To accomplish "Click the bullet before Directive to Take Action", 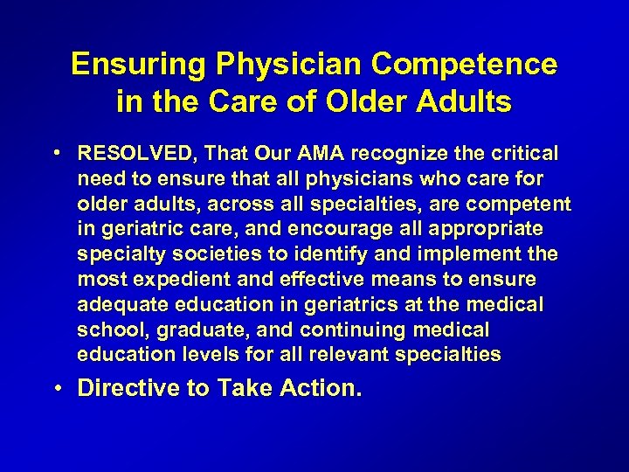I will click(59, 387).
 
